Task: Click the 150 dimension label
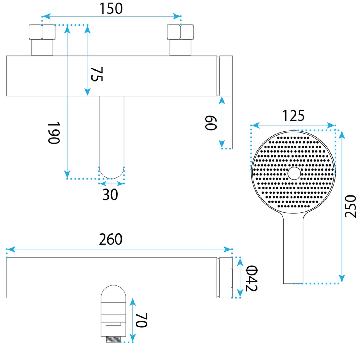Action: (x=111, y=9)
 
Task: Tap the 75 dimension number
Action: (x=97, y=74)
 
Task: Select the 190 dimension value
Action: (x=54, y=133)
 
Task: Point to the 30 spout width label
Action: (x=110, y=194)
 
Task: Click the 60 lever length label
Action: (x=211, y=123)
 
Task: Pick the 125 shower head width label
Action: (x=294, y=116)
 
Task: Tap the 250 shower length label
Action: (x=350, y=206)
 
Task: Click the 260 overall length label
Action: (x=111, y=239)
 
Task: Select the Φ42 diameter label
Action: (x=251, y=278)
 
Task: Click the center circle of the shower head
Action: (x=294, y=173)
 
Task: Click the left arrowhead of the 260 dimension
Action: (x=11, y=249)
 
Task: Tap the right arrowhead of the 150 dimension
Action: (x=177, y=16)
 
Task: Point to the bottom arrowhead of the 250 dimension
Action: (x=342, y=278)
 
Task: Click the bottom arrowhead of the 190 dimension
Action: (x=67, y=175)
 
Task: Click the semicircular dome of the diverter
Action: (x=113, y=292)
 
